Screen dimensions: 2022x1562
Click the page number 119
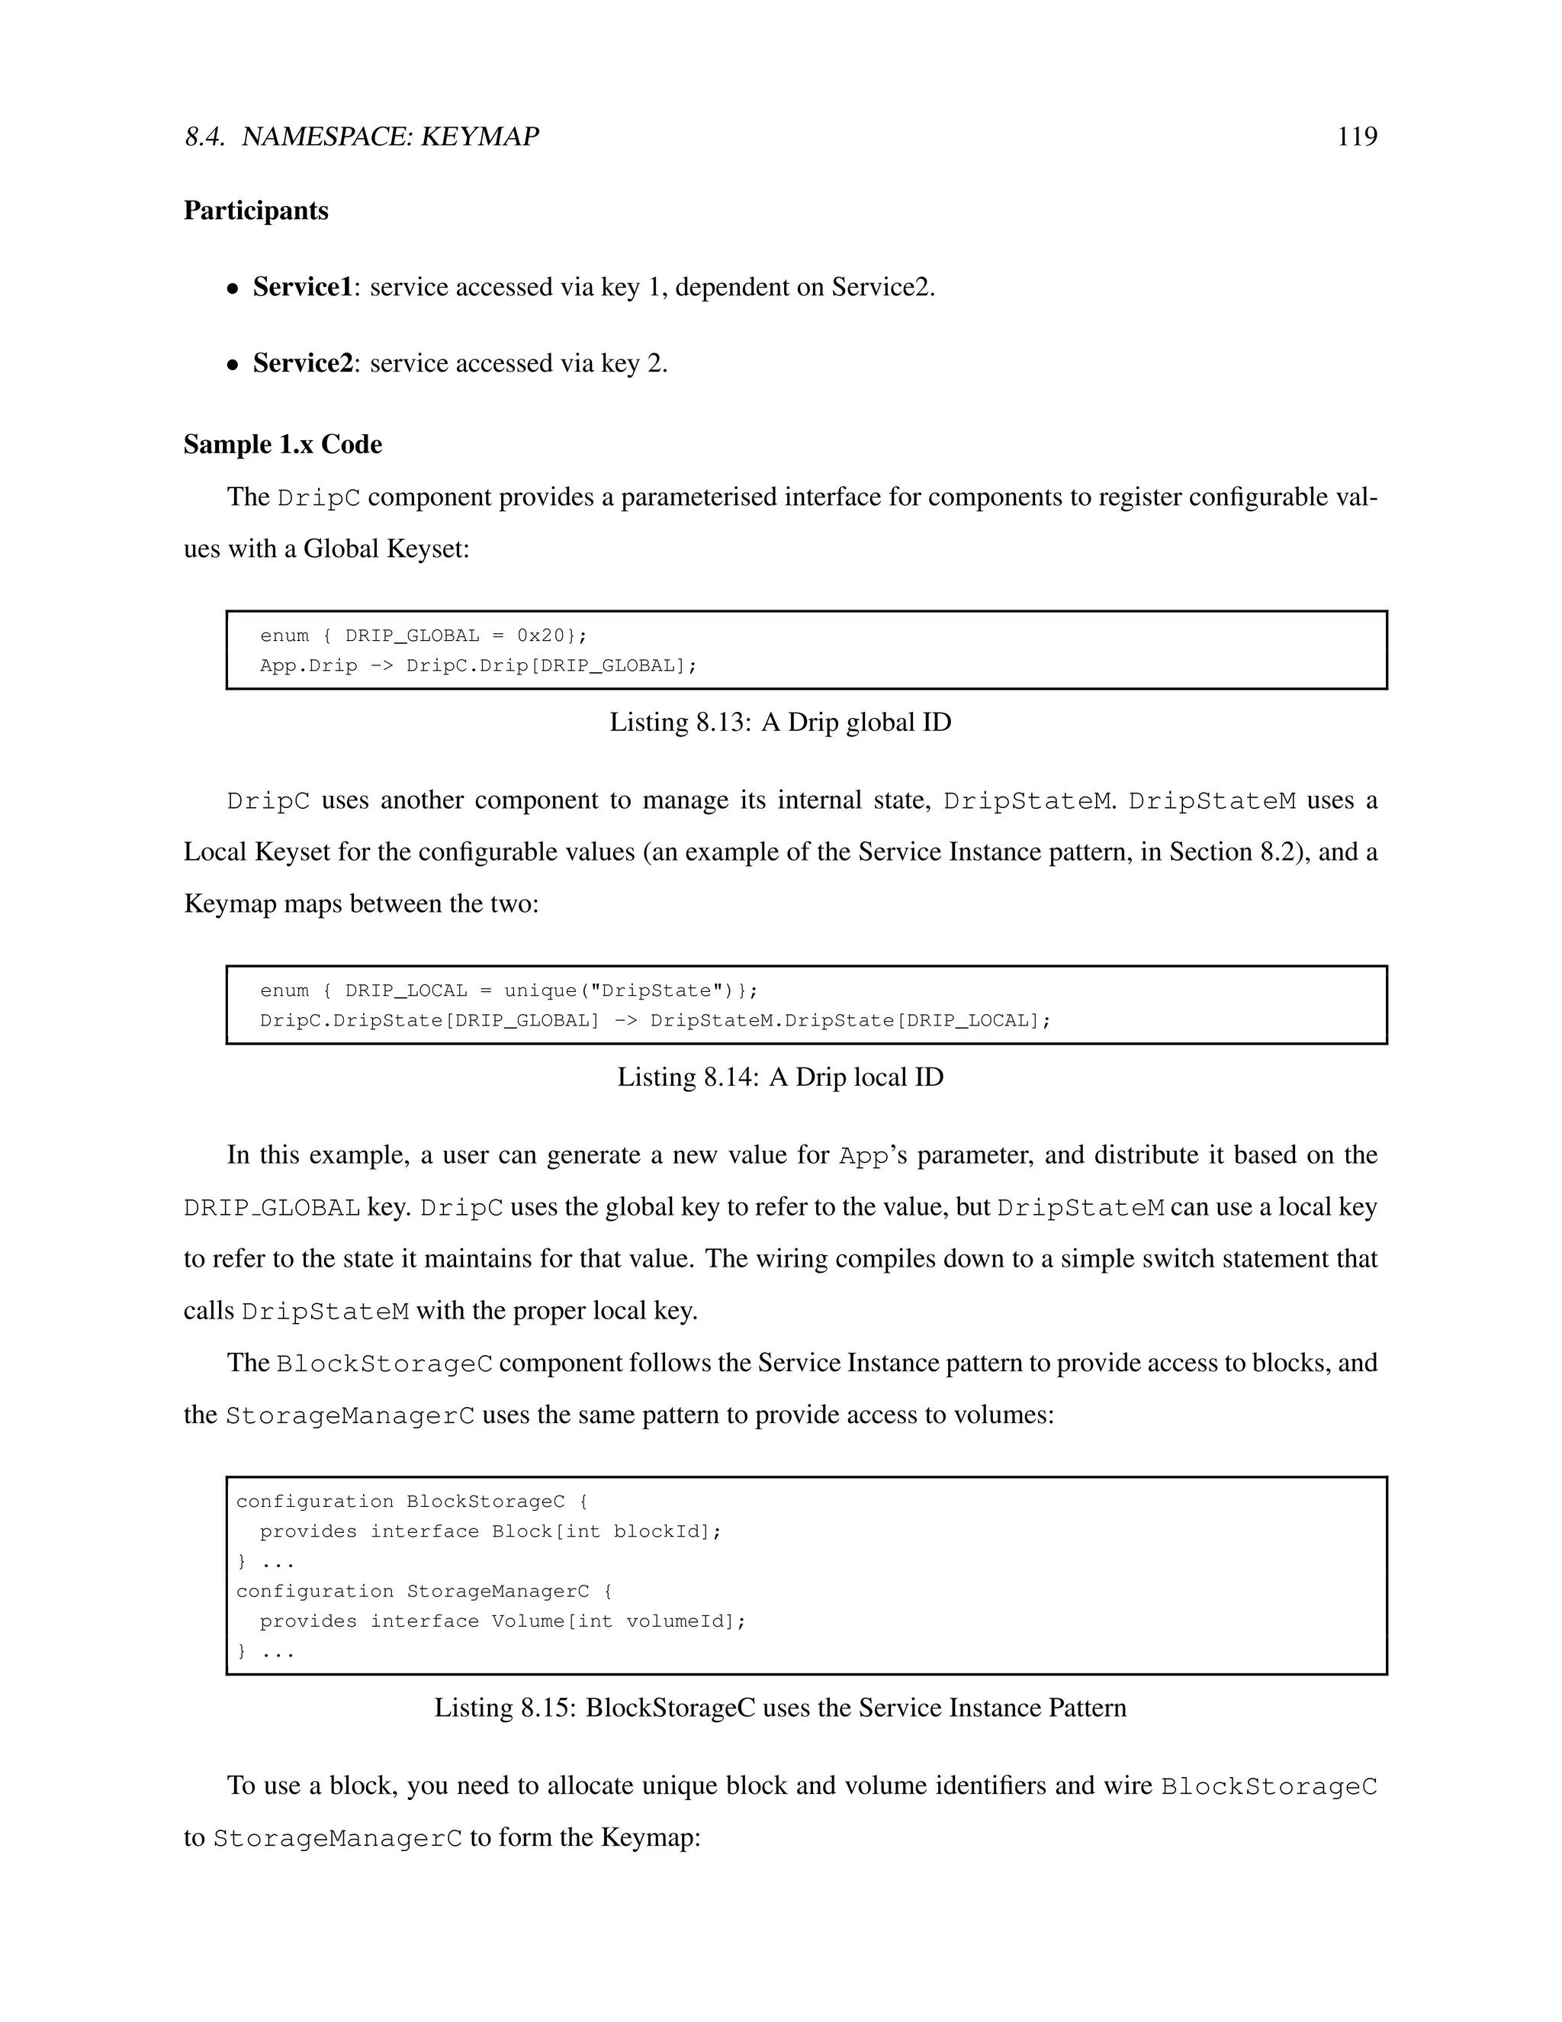[x=1357, y=137]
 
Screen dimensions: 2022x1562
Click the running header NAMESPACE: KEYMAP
[x=390, y=137]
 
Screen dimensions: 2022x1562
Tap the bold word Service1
[x=303, y=287]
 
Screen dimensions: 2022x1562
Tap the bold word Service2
[x=303, y=363]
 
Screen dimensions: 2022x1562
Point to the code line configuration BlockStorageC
[x=411, y=1502]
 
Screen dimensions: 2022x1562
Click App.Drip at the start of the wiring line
[x=308, y=665]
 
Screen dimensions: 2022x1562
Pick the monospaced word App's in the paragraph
[x=873, y=1156]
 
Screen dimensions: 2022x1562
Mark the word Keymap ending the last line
[x=650, y=1838]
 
